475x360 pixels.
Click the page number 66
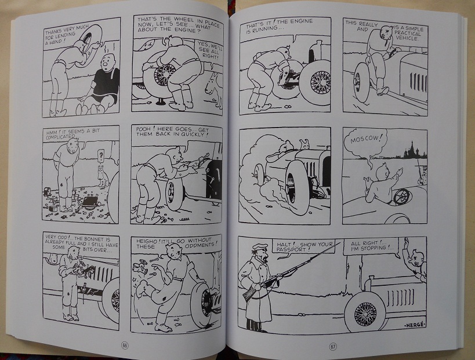125,346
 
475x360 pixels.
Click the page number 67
333,347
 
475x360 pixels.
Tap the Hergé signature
415,325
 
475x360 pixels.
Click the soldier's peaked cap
260,247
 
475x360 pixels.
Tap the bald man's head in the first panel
108,62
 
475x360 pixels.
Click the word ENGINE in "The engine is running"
302,21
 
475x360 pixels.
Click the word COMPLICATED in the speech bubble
60,137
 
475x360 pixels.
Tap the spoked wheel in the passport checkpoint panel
365,312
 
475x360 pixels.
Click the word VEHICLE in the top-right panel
408,38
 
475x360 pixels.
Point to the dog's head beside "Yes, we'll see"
212,86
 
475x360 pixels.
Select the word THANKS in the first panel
53,31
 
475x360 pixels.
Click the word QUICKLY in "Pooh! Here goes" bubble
193,134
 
